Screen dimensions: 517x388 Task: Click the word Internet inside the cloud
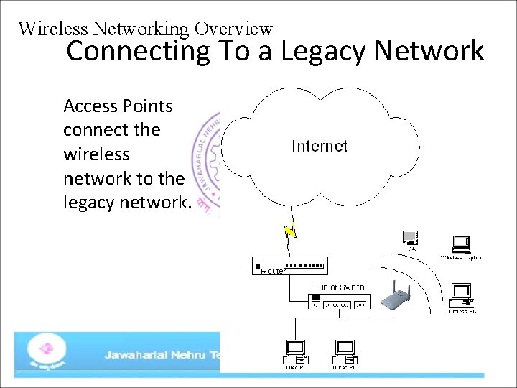click(320, 147)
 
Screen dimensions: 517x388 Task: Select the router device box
click(289, 264)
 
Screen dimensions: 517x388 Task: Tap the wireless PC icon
click(460, 294)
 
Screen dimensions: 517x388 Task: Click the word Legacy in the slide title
click(325, 52)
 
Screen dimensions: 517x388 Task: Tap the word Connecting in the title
click(138, 52)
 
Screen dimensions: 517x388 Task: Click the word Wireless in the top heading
click(52, 29)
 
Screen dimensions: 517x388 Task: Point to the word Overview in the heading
click(233, 29)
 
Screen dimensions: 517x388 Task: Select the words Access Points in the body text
click(118, 106)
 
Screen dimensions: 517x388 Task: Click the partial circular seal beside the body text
click(208, 162)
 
